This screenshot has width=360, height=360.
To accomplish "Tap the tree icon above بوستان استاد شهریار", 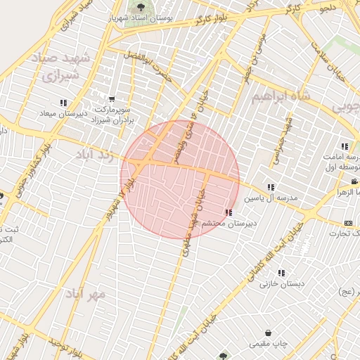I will click(131, 7).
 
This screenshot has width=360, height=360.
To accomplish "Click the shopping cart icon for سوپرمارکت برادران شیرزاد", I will click(112, 100).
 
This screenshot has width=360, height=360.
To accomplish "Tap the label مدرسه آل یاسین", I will click(271, 198).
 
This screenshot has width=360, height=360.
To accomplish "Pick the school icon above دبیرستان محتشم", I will click(228, 212).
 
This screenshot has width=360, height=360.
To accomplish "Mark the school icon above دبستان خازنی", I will click(281, 273).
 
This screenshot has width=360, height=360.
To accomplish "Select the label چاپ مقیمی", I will click(268, 344).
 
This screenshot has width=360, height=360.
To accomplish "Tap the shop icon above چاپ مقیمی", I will click(268, 333).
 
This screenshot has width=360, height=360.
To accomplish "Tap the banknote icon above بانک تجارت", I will click(348, 223).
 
